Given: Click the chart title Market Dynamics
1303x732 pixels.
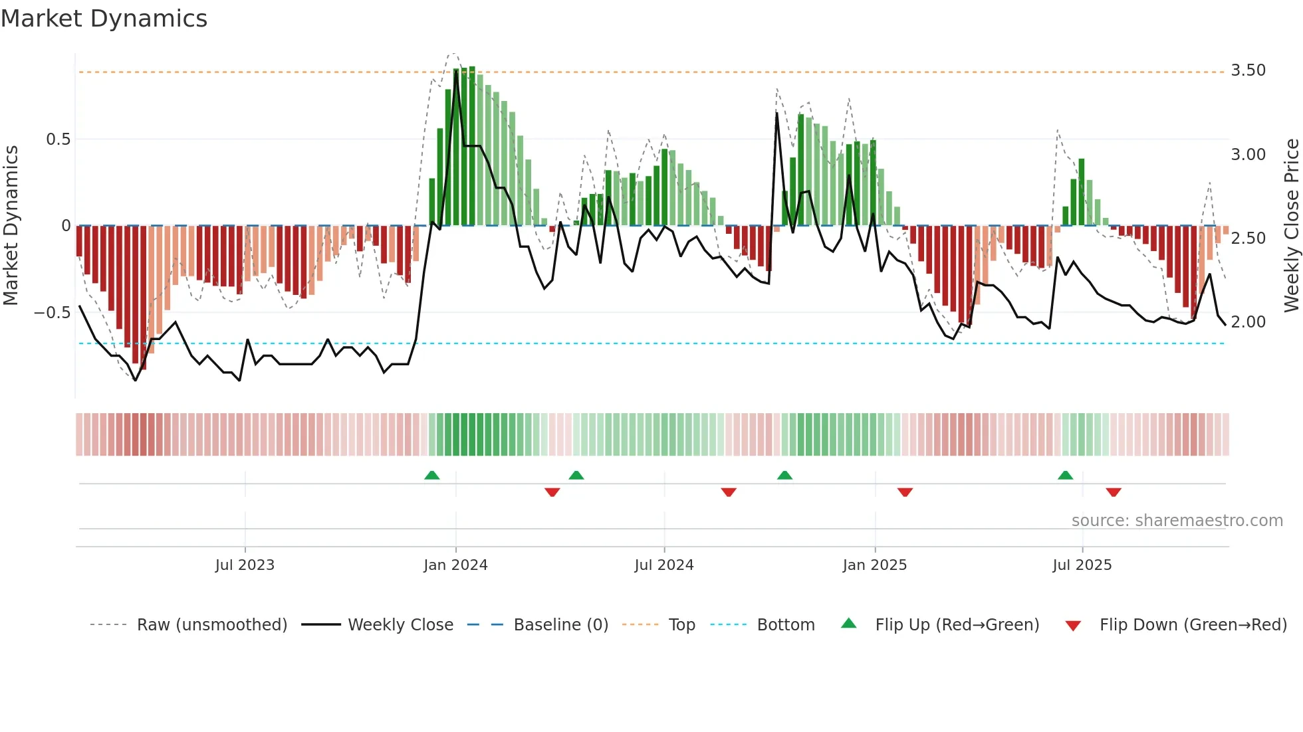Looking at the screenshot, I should [104, 19].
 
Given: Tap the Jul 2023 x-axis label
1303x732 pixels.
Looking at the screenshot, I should [245, 565].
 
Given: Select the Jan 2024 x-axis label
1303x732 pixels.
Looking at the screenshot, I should [455, 565].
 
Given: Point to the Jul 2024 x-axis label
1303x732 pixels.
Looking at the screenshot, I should [663, 565].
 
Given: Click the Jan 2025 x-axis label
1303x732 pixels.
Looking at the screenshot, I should [874, 565].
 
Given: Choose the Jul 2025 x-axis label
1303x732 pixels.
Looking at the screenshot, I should [1082, 565].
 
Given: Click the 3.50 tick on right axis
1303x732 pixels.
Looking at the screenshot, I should [1248, 70].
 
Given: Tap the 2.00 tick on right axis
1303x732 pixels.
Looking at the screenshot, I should [1248, 322].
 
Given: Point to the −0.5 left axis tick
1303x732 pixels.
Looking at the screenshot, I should [52, 313].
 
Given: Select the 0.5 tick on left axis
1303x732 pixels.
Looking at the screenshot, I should [58, 139].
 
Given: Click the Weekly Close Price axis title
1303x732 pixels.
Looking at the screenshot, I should [1291, 226].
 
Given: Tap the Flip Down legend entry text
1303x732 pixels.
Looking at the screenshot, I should [1193, 625].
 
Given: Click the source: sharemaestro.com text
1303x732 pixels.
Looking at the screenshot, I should [1177, 521].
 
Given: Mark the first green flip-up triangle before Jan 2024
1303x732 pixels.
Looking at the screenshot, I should [432, 475].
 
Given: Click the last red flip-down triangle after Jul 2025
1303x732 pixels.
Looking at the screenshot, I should [1114, 492].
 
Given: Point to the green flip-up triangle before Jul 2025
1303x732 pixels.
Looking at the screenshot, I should [1065, 475].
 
